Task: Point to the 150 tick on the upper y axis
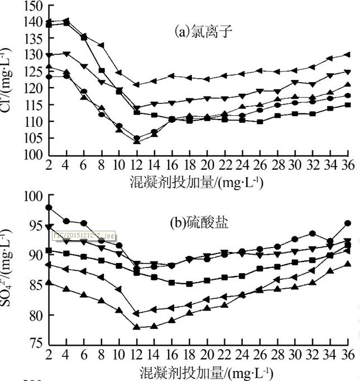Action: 32,7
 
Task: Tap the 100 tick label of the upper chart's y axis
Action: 32,155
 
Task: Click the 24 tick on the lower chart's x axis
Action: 242,355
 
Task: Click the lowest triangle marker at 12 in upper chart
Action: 136,141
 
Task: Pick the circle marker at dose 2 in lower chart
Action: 49,208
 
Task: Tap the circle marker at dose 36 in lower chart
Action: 347,223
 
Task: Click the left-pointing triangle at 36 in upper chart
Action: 347,54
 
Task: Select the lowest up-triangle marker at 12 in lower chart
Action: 136,327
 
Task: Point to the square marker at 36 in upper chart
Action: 347,104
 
